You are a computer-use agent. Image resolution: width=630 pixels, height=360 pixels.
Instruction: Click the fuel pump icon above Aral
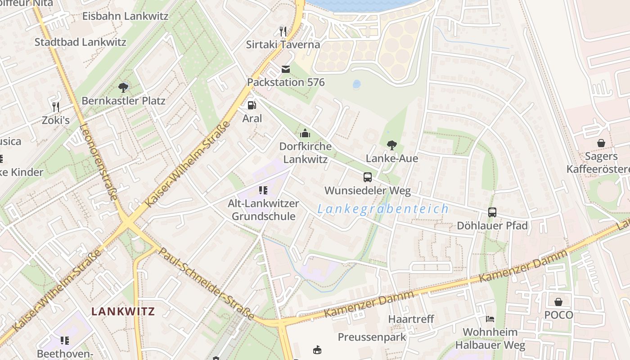252,105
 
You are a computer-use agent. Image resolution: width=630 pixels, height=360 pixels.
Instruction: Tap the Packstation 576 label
286,82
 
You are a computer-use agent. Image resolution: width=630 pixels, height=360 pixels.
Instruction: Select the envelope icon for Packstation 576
286,69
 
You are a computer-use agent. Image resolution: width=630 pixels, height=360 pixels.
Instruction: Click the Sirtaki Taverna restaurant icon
283,31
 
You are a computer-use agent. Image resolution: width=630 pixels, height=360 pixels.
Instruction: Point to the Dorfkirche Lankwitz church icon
305,133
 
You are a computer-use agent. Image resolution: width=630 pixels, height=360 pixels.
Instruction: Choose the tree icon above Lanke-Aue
392,145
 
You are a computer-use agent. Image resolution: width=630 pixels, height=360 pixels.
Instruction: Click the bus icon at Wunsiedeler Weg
368,177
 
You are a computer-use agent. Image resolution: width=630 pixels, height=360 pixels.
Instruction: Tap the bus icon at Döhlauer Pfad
492,212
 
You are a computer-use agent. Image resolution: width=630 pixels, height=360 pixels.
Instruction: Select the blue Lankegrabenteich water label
383,209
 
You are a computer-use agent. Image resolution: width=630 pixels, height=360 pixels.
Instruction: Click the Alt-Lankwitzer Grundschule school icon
263,190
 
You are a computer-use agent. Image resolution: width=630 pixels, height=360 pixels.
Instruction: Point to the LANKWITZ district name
123,311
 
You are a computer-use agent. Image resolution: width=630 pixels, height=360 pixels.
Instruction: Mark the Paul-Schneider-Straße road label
207,283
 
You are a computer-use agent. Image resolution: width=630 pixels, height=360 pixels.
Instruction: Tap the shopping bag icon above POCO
558,301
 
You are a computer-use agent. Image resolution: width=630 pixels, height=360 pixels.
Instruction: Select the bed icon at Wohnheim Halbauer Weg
490,319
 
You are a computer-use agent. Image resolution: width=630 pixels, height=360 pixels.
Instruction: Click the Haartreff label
411,319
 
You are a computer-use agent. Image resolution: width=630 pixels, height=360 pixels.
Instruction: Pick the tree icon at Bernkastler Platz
123,87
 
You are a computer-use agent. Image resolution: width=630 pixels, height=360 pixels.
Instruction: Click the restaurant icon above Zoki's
56,107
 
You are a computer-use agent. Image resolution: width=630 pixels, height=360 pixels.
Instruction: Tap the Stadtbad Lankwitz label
81,42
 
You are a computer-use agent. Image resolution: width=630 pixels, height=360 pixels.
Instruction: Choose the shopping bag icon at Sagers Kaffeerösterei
601,143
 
